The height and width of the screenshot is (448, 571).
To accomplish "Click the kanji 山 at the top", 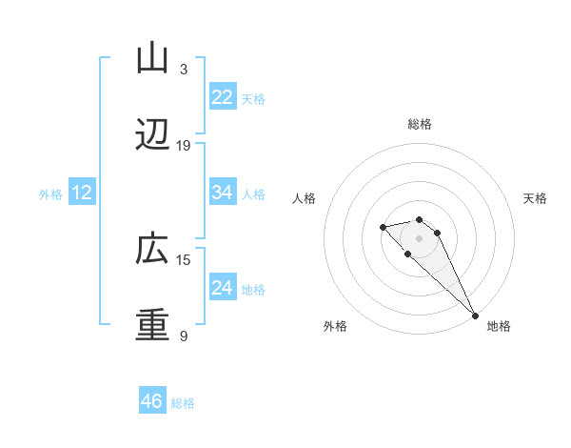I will tap(152, 58).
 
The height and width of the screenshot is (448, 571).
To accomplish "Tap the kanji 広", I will tap(152, 251).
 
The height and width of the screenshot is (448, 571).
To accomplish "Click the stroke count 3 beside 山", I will tap(184, 70).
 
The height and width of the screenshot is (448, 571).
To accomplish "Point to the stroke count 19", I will tap(184, 146).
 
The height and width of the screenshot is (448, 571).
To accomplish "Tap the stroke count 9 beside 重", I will tap(184, 336).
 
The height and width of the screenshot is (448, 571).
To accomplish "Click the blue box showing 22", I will tap(223, 97).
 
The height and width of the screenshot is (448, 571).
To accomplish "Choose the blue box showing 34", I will tap(223, 193).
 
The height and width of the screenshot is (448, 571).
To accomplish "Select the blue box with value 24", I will tap(223, 288).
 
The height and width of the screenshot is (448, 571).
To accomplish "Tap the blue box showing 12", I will tap(82, 193).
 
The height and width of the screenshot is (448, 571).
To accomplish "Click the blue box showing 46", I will tap(152, 401).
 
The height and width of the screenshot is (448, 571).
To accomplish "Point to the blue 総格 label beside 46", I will tap(183, 403).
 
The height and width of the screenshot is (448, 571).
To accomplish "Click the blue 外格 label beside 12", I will tap(50, 194).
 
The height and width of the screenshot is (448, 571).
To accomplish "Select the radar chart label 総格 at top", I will tap(420, 124).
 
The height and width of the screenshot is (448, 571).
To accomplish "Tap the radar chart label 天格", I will tap(535, 198).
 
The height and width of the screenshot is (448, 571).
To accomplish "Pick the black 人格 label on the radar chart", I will tap(305, 198).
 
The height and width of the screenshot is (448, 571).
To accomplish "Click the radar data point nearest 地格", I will tap(475, 316).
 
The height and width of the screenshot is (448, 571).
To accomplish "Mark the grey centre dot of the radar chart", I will tap(420, 238).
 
